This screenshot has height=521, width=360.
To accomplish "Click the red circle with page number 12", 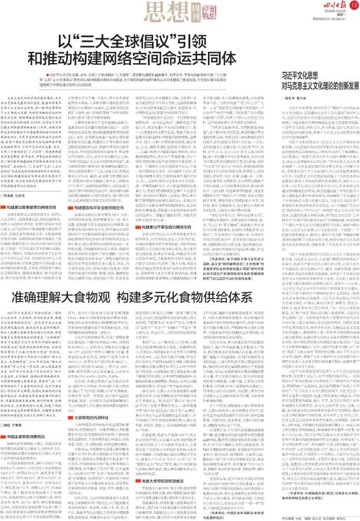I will point(353,5).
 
